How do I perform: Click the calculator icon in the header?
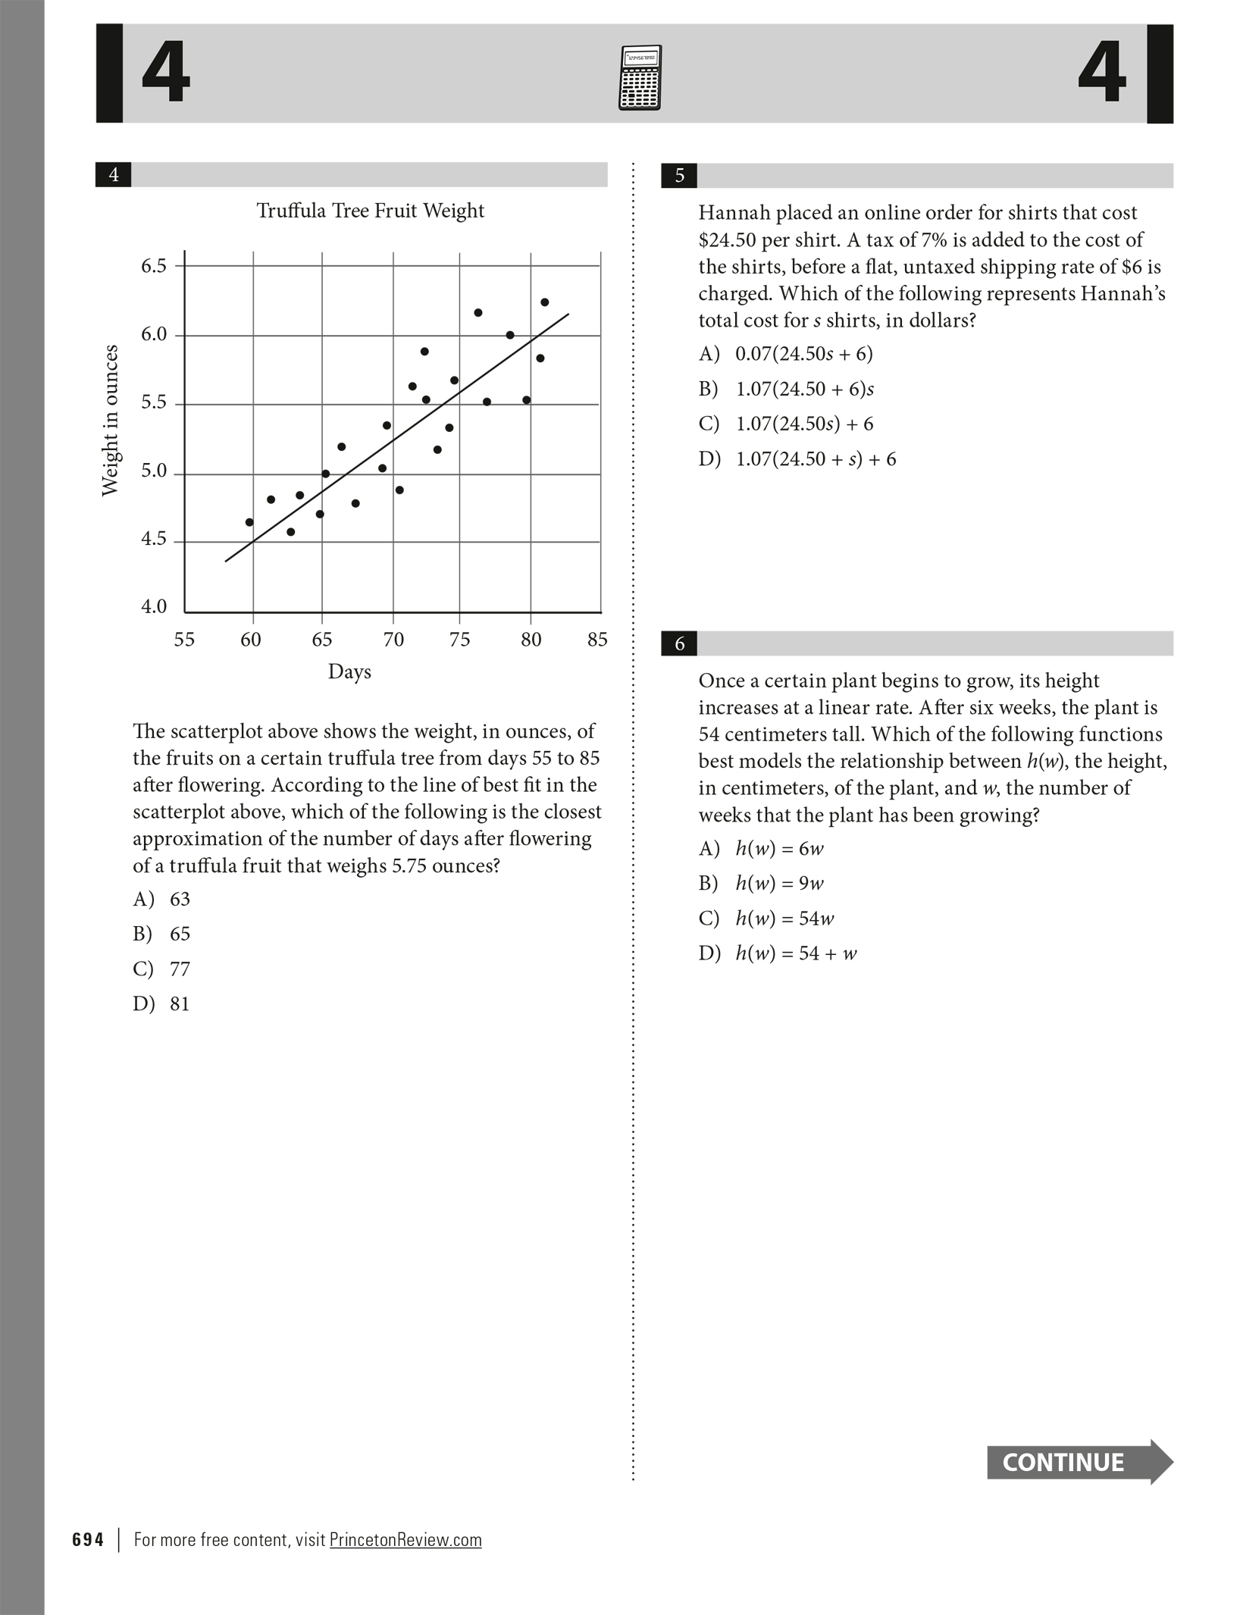pyautogui.click(x=640, y=78)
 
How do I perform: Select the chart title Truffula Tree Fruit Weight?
pyautogui.click(x=370, y=211)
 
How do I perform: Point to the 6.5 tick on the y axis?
pyautogui.click(x=154, y=266)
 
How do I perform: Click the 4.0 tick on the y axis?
pyautogui.click(x=154, y=606)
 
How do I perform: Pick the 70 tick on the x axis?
pyautogui.click(x=393, y=640)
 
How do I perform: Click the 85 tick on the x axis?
pyautogui.click(x=597, y=640)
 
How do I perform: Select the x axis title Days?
pyautogui.click(x=349, y=671)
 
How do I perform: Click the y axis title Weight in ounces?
pyautogui.click(x=111, y=421)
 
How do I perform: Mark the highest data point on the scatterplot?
pyautogui.click(x=544, y=302)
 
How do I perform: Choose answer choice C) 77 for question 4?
pyautogui.click(x=161, y=969)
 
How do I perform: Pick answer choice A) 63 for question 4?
pyautogui.click(x=161, y=899)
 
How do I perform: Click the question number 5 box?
pyautogui.click(x=679, y=176)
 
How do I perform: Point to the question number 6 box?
pyautogui.click(x=679, y=643)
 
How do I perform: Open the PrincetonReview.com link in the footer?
pyautogui.click(x=405, y=1540)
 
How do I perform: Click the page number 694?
pyautogui.click(x=88, y=1540)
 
